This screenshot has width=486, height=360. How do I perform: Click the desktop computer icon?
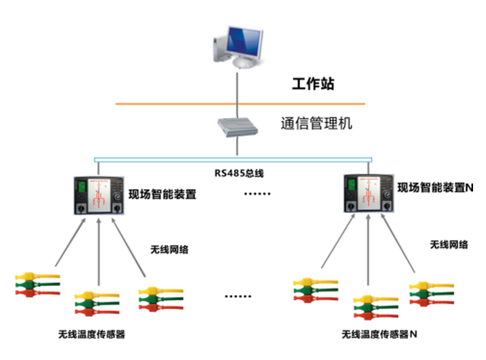238,46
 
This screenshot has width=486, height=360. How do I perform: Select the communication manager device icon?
238,128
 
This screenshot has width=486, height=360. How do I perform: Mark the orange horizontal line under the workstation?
162,104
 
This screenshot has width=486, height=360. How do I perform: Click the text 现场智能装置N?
435,188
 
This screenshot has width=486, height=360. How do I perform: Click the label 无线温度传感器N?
379,335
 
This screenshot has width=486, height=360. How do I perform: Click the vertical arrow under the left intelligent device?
98,253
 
